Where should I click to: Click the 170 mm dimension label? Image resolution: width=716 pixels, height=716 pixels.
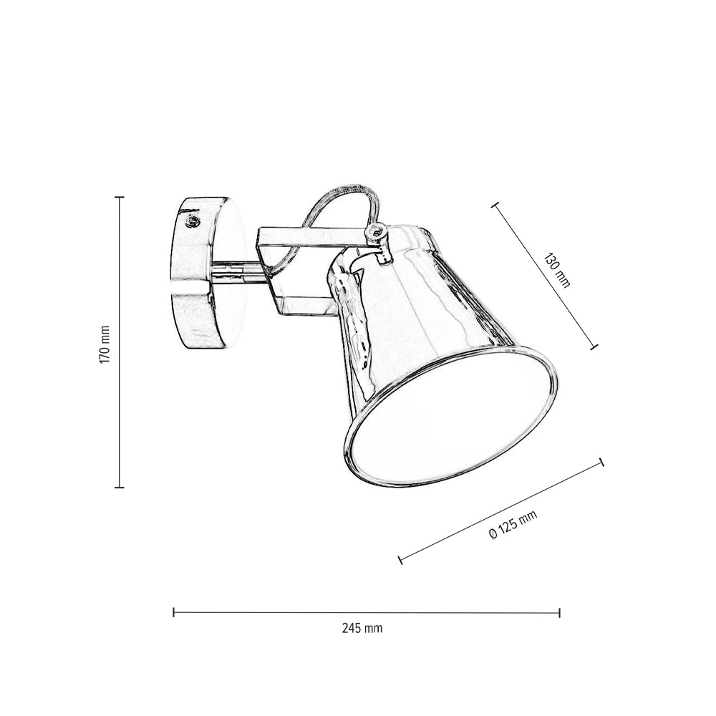pos(105,345)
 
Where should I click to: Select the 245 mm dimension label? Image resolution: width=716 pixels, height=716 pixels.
pos(362,629)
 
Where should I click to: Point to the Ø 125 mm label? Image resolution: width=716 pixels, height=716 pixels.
pos(513,525)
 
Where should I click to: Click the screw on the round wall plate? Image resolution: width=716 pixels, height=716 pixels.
pos(192,222)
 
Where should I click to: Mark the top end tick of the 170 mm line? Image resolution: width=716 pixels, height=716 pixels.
pos(119,198)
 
